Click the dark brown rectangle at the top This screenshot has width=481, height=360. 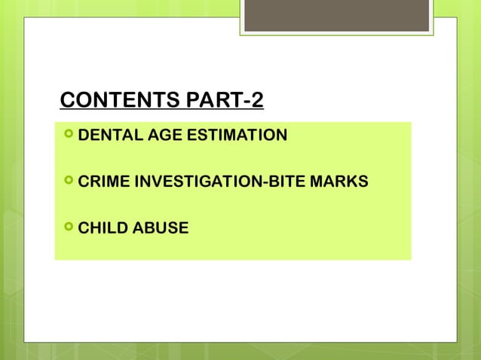336,15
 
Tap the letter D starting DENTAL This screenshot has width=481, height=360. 84,136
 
